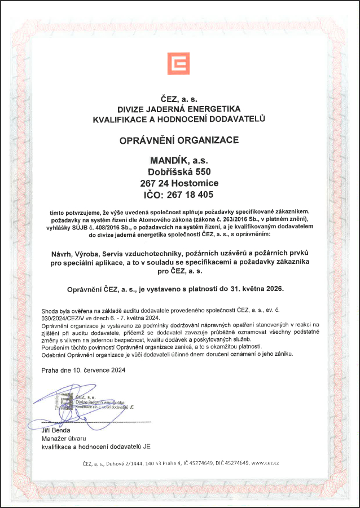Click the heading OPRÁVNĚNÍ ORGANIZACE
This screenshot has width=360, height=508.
(179, 139)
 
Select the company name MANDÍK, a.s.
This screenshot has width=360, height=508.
(179, 161)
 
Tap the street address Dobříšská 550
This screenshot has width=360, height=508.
(179, 172)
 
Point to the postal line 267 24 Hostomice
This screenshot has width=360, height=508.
(179, 183)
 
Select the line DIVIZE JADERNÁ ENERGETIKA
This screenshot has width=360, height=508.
(179, 108)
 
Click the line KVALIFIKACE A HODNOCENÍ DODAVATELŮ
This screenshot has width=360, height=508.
(179, 119)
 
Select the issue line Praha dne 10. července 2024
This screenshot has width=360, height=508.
(83, 370)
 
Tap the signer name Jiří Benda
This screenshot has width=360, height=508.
(56, 430)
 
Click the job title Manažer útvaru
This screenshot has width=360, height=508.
(63, 438)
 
